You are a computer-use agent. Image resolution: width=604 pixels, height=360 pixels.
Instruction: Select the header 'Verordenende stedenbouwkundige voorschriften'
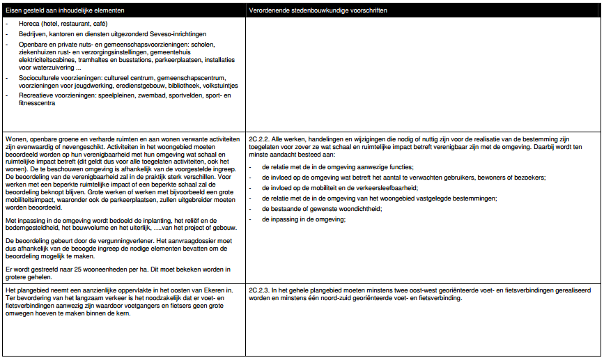(318, 11)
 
